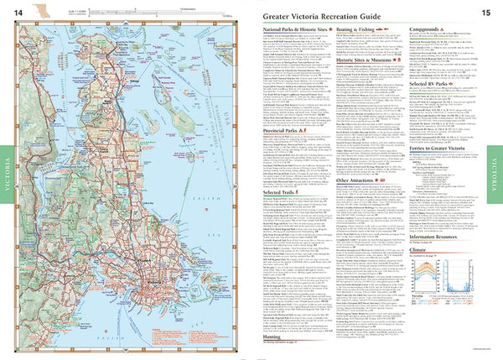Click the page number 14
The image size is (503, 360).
coord(17,10)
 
